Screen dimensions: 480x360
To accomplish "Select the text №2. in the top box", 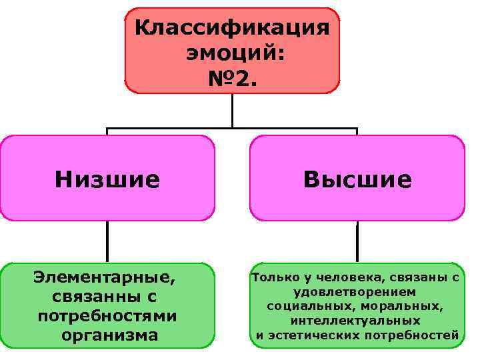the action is click(x=231, y=79).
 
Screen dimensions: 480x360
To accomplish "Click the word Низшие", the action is click(x=107, y=179).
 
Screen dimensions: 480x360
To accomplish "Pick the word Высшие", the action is click(x=357, y=179).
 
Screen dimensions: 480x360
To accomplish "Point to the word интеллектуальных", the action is click(x=355, y=321).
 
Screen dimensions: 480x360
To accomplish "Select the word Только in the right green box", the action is click(x=271, y=277).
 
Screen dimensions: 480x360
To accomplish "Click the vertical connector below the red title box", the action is click(x=232, y=110).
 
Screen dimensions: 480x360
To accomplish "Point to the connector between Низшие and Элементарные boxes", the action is click(x=107, y=241).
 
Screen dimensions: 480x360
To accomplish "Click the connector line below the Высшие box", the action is click(x=357, y=241).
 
